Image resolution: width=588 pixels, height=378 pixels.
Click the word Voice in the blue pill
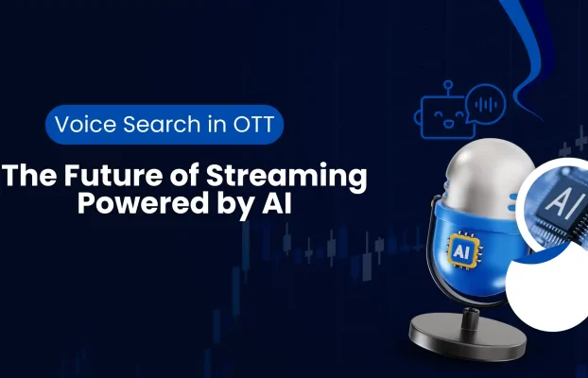coord(82,125)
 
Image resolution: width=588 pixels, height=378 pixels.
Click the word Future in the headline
coord(103,176)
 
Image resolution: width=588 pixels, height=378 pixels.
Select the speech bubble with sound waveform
coord(488,101)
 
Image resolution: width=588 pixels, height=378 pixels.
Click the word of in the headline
coord(173,176)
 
